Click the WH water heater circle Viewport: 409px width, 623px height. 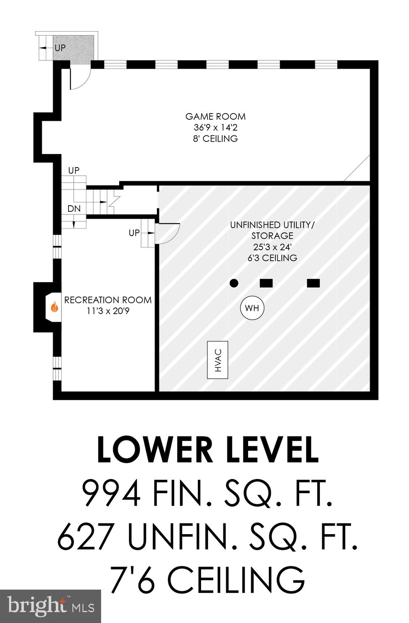pos(252,308)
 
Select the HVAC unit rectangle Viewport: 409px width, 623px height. pos(217,360)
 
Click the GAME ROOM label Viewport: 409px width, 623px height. pos(215,116)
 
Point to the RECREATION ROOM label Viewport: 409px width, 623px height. pos(108,300)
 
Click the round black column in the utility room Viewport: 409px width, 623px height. pos(234,283)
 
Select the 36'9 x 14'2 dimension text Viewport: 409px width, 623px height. pos(215,127)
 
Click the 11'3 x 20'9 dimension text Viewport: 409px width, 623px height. pos(108,311)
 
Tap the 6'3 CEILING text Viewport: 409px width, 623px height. pos(272,258)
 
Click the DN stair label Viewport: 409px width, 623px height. pos(74,209)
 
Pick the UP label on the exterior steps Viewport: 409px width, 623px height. pos(60,47)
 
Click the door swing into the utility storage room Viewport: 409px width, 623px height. pos(168,233)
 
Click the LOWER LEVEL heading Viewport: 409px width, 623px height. pos(208,450)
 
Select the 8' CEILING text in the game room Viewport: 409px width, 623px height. pos(215,139)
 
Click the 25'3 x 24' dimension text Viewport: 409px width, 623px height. pos(272,247)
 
